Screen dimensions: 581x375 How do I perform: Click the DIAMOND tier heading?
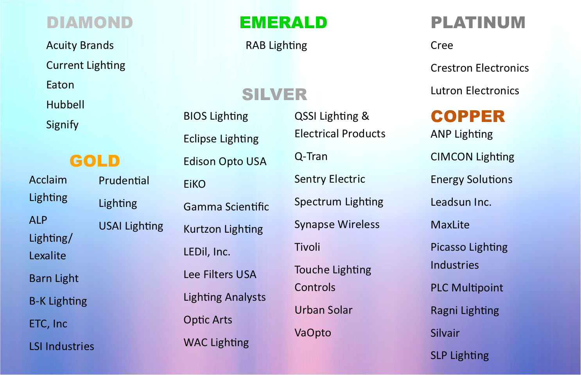tap(90, 23)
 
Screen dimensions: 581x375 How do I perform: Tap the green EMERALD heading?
tap(283, 23)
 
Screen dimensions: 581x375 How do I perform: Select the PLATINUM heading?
tap(478, 23)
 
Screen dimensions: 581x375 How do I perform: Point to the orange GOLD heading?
tap(95, 161)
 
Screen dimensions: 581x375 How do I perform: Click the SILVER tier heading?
tap(274, 94)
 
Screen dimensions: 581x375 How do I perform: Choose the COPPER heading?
tap(468, 116)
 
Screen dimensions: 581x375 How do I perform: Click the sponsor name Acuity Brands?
tap(80, 45)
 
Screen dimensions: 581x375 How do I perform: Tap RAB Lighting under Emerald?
tap(276, 46)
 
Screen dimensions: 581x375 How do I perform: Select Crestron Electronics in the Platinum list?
tap(480, 68)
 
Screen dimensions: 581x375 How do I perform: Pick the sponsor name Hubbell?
tap(65, 105)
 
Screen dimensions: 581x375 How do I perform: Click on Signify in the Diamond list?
tap(62, 125)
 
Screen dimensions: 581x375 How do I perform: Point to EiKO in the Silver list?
tap(195, 184)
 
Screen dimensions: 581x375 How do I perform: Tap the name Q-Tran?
tap(311, 157)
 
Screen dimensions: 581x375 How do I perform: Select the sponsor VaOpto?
tap(313, 333)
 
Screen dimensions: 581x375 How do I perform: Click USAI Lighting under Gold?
tap(131, 226)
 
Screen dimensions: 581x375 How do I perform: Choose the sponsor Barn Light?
tap(54, 279)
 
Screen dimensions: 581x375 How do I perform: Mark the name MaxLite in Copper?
tap(450, 224)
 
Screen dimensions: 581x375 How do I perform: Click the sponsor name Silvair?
tap(445, 333)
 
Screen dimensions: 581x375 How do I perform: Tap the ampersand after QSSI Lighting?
tap(365, 116)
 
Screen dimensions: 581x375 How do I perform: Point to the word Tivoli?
tap(307, 247)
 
